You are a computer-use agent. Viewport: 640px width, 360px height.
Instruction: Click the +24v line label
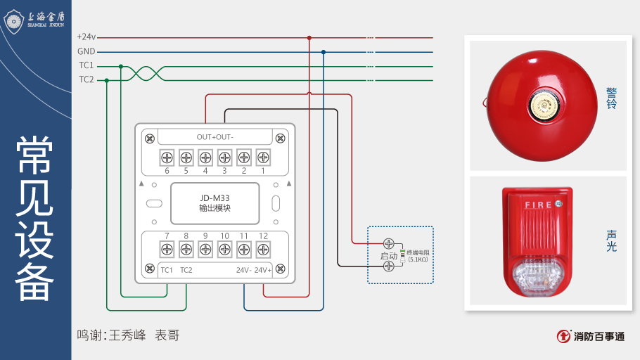tap(87, 37)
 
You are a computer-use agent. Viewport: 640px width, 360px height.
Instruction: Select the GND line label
tap(86, 51)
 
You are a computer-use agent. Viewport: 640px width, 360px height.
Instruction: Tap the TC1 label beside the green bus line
tap(86, 65)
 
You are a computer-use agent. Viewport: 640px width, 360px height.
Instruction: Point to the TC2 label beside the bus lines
tap(86, 79)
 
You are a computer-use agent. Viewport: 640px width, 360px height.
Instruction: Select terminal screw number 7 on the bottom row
tap(167, 248)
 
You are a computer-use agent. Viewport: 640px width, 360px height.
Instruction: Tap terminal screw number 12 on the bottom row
tap(263, 248)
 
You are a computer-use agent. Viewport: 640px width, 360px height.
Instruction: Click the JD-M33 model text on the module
tap(215, 198)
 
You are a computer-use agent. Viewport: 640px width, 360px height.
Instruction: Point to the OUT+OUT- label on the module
tap(215, 136)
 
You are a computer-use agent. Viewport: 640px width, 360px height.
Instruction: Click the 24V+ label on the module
tap(263, 270)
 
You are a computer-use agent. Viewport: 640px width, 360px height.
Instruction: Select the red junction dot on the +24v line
tap(309, 37)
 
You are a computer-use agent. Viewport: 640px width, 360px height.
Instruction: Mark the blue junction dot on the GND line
tap(324, 51)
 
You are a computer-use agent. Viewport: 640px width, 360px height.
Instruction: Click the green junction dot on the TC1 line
tap(121, 66)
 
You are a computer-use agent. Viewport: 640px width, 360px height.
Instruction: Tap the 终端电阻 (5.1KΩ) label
tap(418, 256)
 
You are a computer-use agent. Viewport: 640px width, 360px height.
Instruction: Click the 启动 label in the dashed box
tap(389, 256)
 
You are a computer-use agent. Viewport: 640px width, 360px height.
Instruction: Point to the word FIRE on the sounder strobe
tap(538, 205)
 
